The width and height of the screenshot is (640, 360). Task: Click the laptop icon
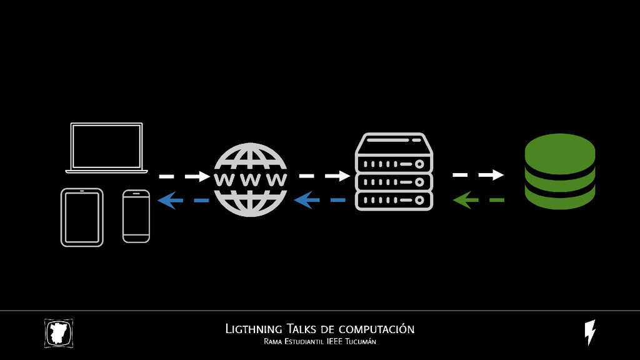[x=107, y=147]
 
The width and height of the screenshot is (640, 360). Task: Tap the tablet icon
[x=82, y=217]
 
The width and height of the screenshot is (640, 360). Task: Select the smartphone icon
[x=136, y=216]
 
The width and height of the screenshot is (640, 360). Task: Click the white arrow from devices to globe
[x=184, y=176]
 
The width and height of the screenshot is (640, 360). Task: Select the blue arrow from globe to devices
[x=183, y=201]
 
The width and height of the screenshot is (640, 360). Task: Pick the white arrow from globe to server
[x=324, y=176]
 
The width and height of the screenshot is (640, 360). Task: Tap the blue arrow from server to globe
[x=319, y=201]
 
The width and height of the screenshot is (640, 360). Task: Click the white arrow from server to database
[x=478, y=174]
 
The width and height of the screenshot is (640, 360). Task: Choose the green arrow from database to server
[x=478, y=201]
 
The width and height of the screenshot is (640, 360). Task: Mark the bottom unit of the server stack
[x=394, y=201]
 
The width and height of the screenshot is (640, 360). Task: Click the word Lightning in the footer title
[x=253, y=329]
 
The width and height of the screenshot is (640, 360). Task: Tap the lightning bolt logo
[x=589, y=332]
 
